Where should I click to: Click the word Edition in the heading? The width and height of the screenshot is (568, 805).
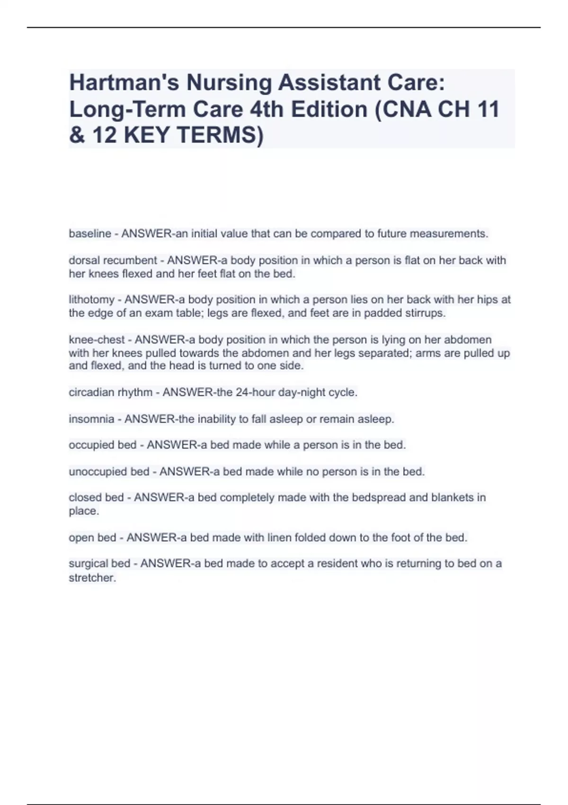329,109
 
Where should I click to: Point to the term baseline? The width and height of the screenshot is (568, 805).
90,234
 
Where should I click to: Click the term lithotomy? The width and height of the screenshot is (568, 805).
91,300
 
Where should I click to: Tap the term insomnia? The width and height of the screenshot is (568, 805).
91,419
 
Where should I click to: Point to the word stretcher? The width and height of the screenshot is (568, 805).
92,578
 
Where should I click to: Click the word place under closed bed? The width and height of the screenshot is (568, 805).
83,511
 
